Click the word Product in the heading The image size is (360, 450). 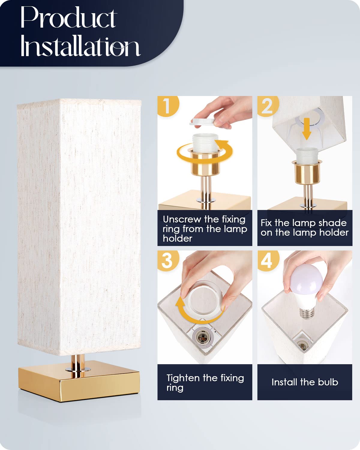(x=68, y=18)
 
